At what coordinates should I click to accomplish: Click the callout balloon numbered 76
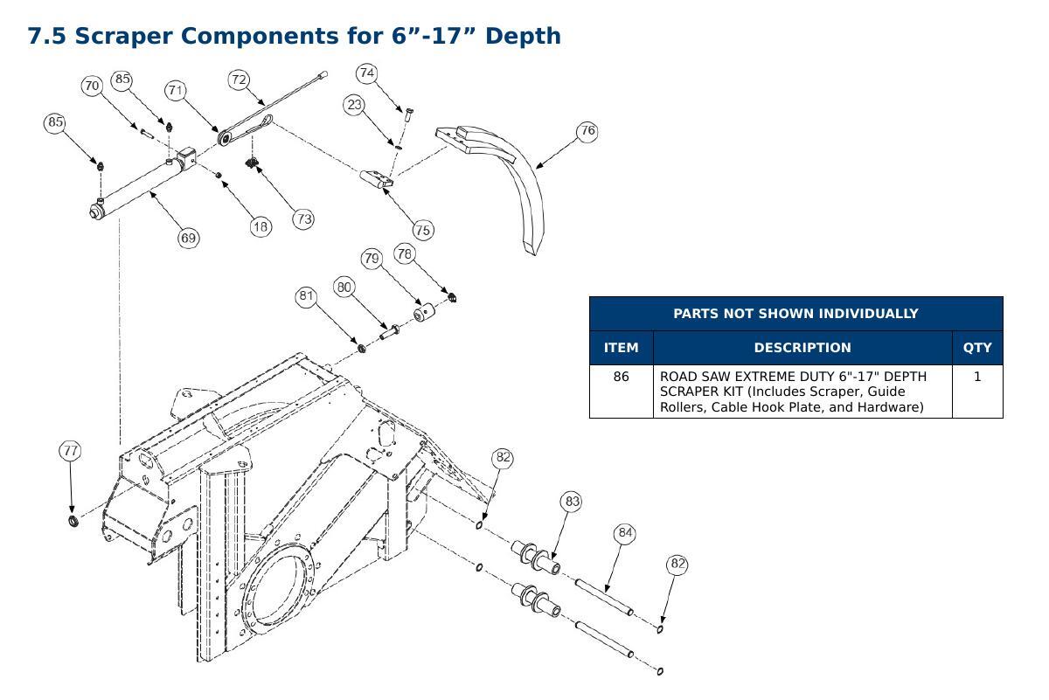tap(587, 130)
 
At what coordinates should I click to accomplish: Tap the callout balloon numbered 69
tap(188, 238)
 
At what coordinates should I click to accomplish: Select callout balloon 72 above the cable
tap(239, 80)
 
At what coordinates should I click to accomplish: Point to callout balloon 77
tap(70, 450)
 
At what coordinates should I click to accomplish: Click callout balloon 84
tap(625, 533)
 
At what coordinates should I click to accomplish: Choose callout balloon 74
tap(366, 73)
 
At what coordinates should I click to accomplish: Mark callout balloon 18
tap(261, 226)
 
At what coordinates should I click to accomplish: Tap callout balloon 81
tap(306, 296)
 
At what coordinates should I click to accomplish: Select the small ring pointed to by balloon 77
tap(73, 520)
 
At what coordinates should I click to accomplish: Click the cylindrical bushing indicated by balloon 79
tap(424, 312)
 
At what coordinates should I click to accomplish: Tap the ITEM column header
tap(621, 348)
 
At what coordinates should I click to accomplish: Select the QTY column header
tap(977, 348)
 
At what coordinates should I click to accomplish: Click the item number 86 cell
tap(621, 377)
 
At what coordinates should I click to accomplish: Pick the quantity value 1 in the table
tap(977, 377)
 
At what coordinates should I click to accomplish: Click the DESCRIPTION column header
tap(802, 348)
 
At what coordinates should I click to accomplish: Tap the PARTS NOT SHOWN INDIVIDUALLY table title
tap(795, 313)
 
